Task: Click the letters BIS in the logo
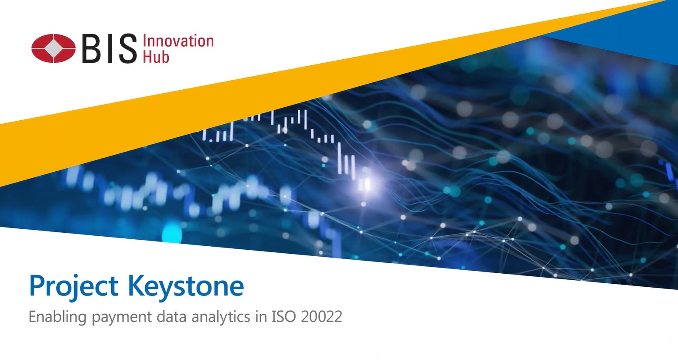(109, 48)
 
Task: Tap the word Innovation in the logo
(178, 41)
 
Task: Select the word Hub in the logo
(156, 57)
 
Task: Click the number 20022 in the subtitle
(321, 316)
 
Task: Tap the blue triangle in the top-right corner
(641, 31)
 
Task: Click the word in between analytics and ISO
(261, 316)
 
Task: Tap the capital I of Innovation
(145, 41)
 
